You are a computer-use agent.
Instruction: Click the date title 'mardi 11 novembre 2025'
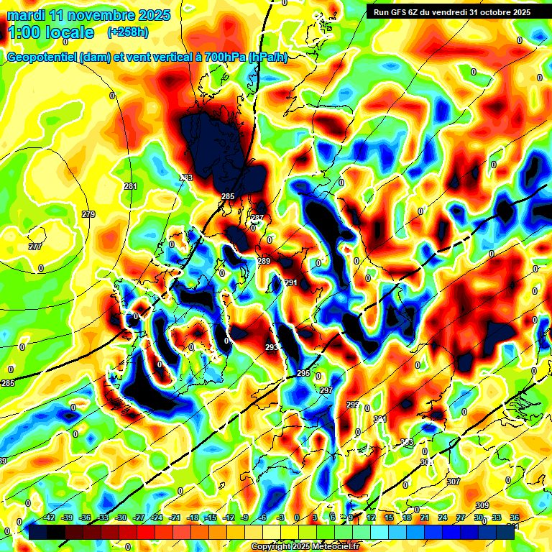[88, 15]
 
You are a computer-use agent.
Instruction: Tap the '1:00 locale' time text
[50, 32]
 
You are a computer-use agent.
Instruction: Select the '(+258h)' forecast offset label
[129, 32]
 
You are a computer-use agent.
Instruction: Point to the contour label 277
[35, 247]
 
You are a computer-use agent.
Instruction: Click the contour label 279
[88, 215]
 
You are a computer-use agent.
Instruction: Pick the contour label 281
[130, 187]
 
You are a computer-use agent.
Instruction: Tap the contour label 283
[186, 178]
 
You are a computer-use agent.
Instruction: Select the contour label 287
[257, 218]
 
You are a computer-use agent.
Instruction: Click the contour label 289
[264, 261]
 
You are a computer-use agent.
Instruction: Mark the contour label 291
[291, 283]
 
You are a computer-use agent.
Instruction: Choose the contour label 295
[303, 374]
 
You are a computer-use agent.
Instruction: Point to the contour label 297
[326, 390]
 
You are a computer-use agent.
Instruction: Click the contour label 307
[453, 482]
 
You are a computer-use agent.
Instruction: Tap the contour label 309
[482, 505]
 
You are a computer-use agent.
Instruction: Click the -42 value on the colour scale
[50, 517]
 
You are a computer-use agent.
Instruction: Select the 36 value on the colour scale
[515, 517]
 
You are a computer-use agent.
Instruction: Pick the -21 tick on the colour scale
[175, 517]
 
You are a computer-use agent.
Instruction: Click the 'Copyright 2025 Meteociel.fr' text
[305, 547]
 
